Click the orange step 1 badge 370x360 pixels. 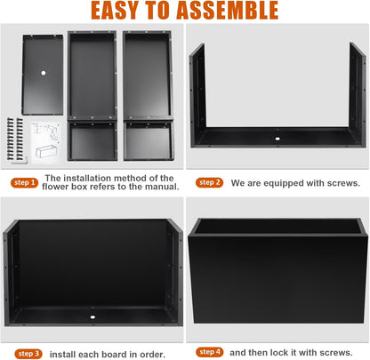click(x=24, y=182)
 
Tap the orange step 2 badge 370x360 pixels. click(x=209, y=182)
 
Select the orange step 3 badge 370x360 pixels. click(x=28, y=354)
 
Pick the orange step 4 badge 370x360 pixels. click(x=210, y=352)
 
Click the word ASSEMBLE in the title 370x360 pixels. click(x=228, y=11)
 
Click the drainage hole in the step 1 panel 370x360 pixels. click(x=44, y=73)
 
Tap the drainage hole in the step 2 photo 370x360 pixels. click(x=277, y=139)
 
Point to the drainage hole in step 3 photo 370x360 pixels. click(x=92, y=317)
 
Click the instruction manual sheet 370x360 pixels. click(x=45, y=142)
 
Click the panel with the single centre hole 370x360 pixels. click(x=43, y=75)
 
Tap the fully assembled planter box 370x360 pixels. click(x=277, y=270)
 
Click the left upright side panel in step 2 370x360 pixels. click(x=197, y=94)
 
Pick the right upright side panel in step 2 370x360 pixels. click(x=358, y=94)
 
